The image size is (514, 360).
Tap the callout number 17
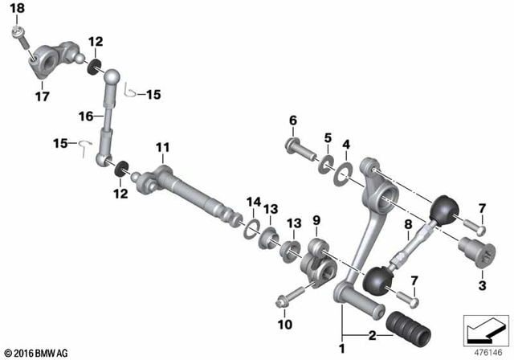[42, 97]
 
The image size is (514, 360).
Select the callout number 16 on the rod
[86, 117]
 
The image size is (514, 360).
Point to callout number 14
[254, 201]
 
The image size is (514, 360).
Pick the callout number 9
[316, 220]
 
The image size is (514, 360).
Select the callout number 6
[292, 121]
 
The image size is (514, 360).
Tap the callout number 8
[408, 225]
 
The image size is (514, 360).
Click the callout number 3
[482, 285]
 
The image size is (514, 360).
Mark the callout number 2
[372, 334]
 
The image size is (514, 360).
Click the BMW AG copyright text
[37, 352]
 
